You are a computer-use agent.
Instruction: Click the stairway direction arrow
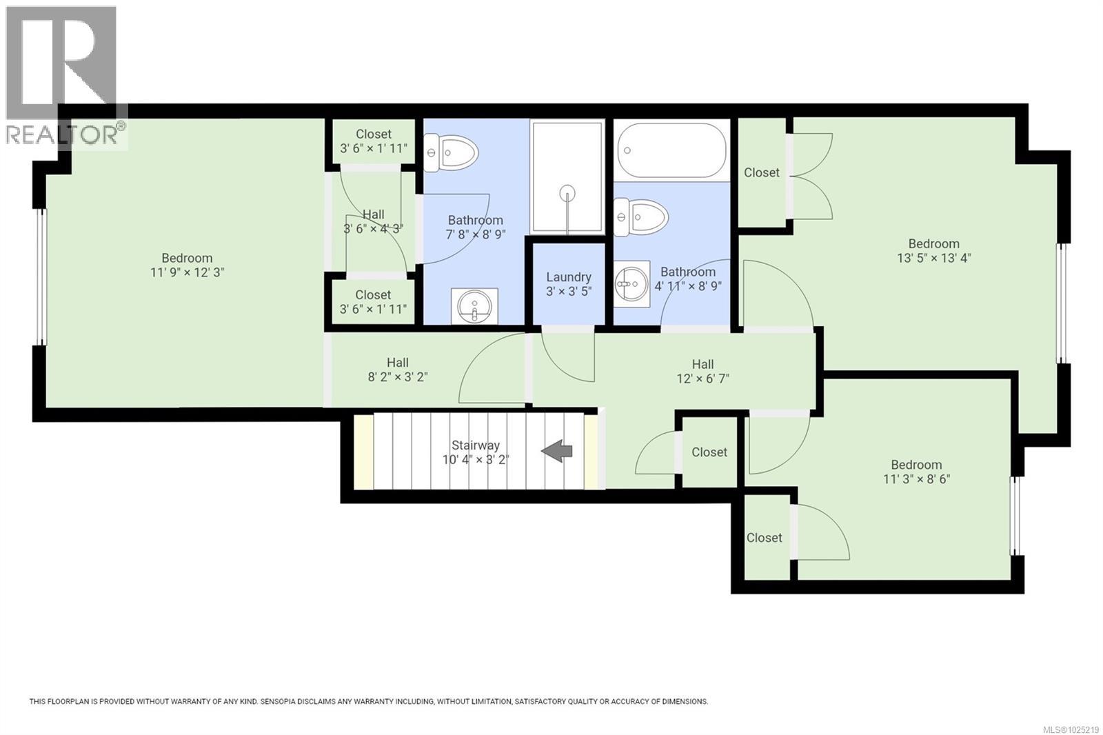pos(557,452)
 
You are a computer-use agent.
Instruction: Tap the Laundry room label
pos(569,277)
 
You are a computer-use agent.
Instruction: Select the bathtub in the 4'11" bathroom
pos(671,151)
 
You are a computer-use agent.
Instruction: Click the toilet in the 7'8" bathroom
pos(452,153)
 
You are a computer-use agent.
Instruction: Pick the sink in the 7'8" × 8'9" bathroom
pos(474,305)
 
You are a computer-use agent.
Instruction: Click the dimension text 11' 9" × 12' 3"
pos(187,272)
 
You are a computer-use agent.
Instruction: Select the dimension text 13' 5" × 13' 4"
pos(933,258)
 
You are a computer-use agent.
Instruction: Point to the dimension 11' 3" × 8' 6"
pos(916,479)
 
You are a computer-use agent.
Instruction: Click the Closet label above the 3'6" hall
pos(373,134)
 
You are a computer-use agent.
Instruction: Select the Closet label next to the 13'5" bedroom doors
pos(761,172)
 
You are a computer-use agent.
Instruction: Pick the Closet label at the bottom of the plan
pos(764,537)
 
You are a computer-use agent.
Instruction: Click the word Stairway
pos(475,445)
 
